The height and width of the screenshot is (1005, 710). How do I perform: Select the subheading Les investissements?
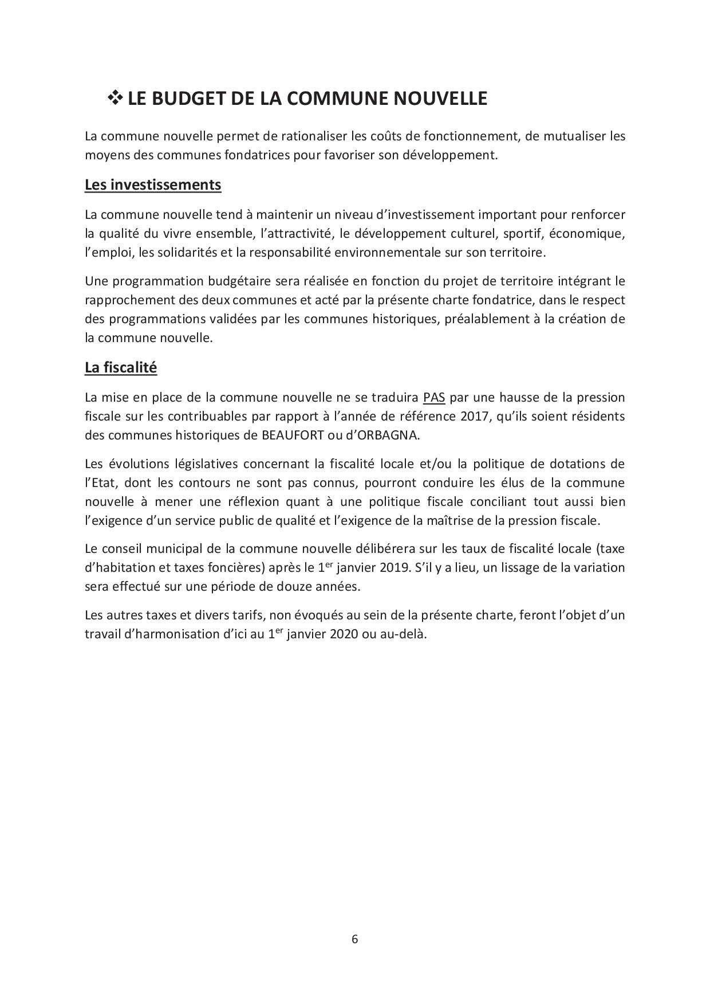153,185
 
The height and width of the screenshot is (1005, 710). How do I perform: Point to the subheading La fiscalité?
121,367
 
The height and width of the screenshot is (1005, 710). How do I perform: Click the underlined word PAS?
434,397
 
